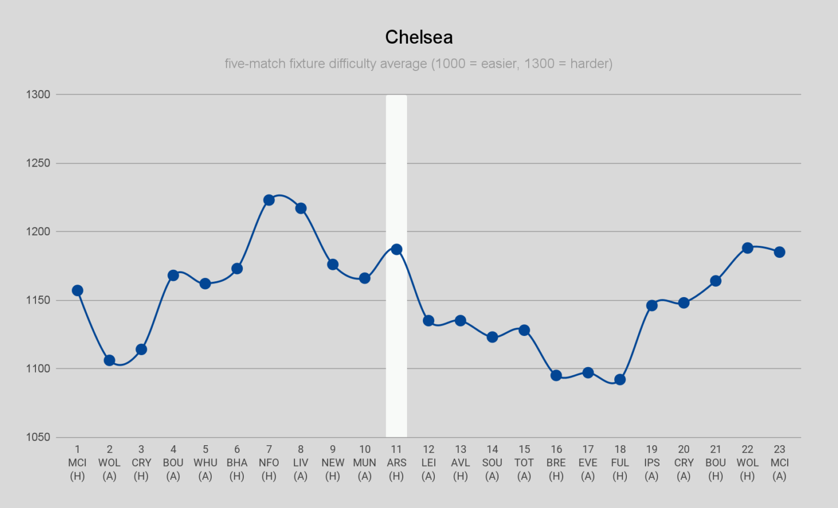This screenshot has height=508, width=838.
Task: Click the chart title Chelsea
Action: click(418, 37)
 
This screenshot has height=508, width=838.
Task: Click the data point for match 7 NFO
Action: click(269, 200)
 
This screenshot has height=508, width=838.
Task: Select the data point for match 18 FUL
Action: click(620, 380)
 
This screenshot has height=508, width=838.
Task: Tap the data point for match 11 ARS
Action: click(397, 250)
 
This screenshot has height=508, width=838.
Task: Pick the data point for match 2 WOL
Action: click(109, 361)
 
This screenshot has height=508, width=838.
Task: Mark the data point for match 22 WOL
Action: click(747, 248)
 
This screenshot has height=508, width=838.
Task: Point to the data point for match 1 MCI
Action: click(77, 291)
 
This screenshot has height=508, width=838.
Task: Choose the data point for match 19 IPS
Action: click(651, 305)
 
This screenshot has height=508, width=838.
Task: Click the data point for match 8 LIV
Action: click(301, 208)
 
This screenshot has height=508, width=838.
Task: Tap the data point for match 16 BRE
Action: click(556, 375)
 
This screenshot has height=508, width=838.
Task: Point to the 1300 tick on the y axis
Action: click(38, 94)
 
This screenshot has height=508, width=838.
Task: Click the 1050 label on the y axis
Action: click(38, 437)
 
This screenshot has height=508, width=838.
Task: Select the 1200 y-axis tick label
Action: click(38, 232)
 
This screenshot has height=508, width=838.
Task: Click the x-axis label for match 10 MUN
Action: click(364, 463)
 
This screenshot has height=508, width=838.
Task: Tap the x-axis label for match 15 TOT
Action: click(524, 463)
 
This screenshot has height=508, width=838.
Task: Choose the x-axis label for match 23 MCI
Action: click(779, 463)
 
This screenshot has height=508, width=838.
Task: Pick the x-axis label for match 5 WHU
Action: click(205, 463)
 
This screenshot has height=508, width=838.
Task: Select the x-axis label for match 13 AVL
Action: click(460, 463)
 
